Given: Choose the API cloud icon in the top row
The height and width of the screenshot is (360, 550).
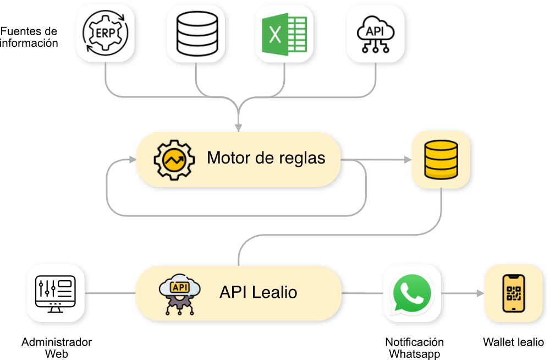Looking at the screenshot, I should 376,33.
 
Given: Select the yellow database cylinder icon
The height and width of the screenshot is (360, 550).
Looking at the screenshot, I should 441,159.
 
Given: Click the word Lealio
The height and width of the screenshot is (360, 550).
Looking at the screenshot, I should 274,292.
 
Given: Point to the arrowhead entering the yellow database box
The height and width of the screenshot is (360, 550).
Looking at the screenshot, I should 408,159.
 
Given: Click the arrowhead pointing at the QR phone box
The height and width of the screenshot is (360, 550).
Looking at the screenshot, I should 479,293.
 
